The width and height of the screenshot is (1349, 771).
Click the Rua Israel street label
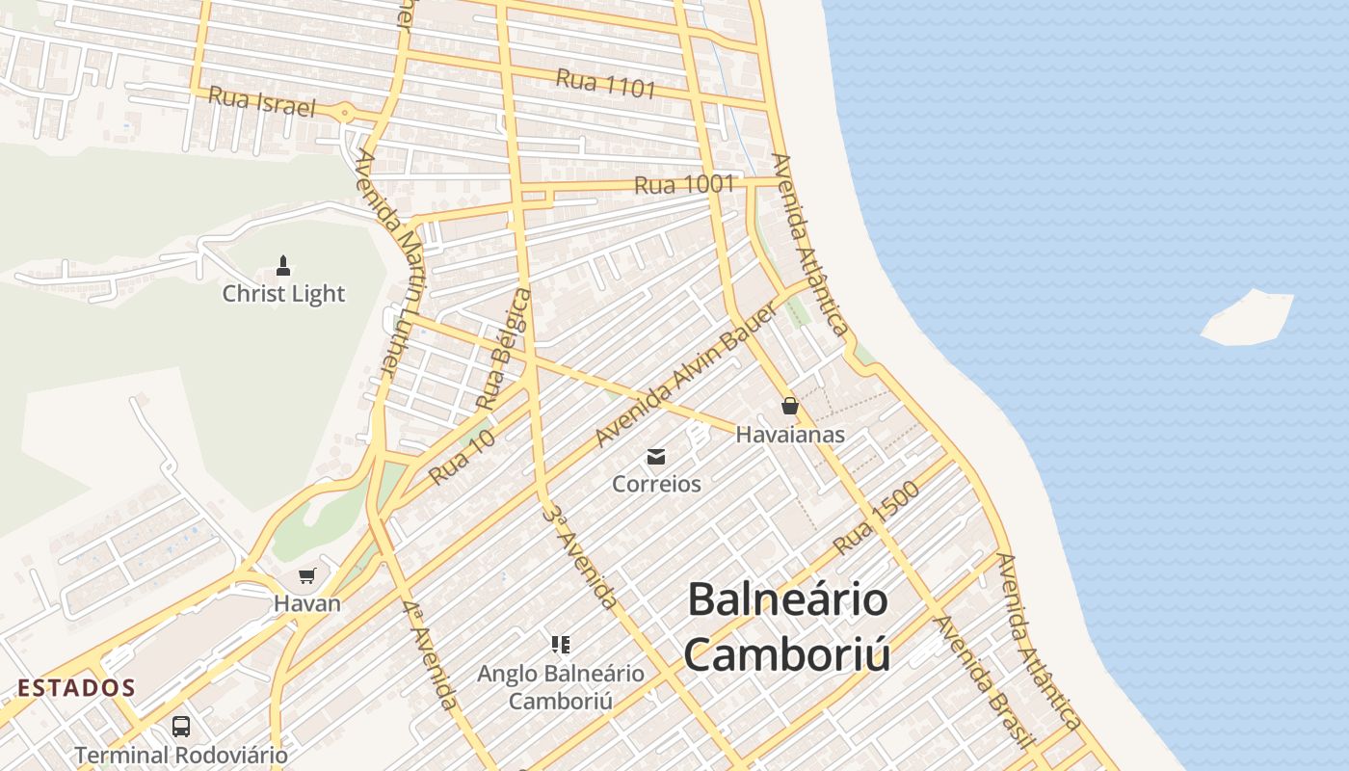(262, 101)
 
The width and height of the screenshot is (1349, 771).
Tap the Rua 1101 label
(606, 84)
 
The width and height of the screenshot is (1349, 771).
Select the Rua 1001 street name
(685, 184)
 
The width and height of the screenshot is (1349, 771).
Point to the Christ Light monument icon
(283, 264)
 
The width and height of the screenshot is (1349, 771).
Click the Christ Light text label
(283, 294)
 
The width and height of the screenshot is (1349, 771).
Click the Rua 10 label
(462, 457)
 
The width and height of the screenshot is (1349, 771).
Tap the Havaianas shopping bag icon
(790, 406)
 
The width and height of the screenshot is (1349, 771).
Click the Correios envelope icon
(656, 456)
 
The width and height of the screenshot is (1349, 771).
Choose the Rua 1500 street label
(876, 518)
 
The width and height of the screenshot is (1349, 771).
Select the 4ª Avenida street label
(430, 655)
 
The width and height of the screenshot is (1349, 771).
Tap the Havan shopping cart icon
(306, 576)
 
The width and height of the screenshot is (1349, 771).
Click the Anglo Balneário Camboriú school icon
(560, 644)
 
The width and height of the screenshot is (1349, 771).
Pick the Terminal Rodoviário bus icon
(181, 726)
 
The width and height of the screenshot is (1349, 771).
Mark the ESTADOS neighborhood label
(77, 688)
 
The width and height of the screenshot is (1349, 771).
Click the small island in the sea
(1247, 317)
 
